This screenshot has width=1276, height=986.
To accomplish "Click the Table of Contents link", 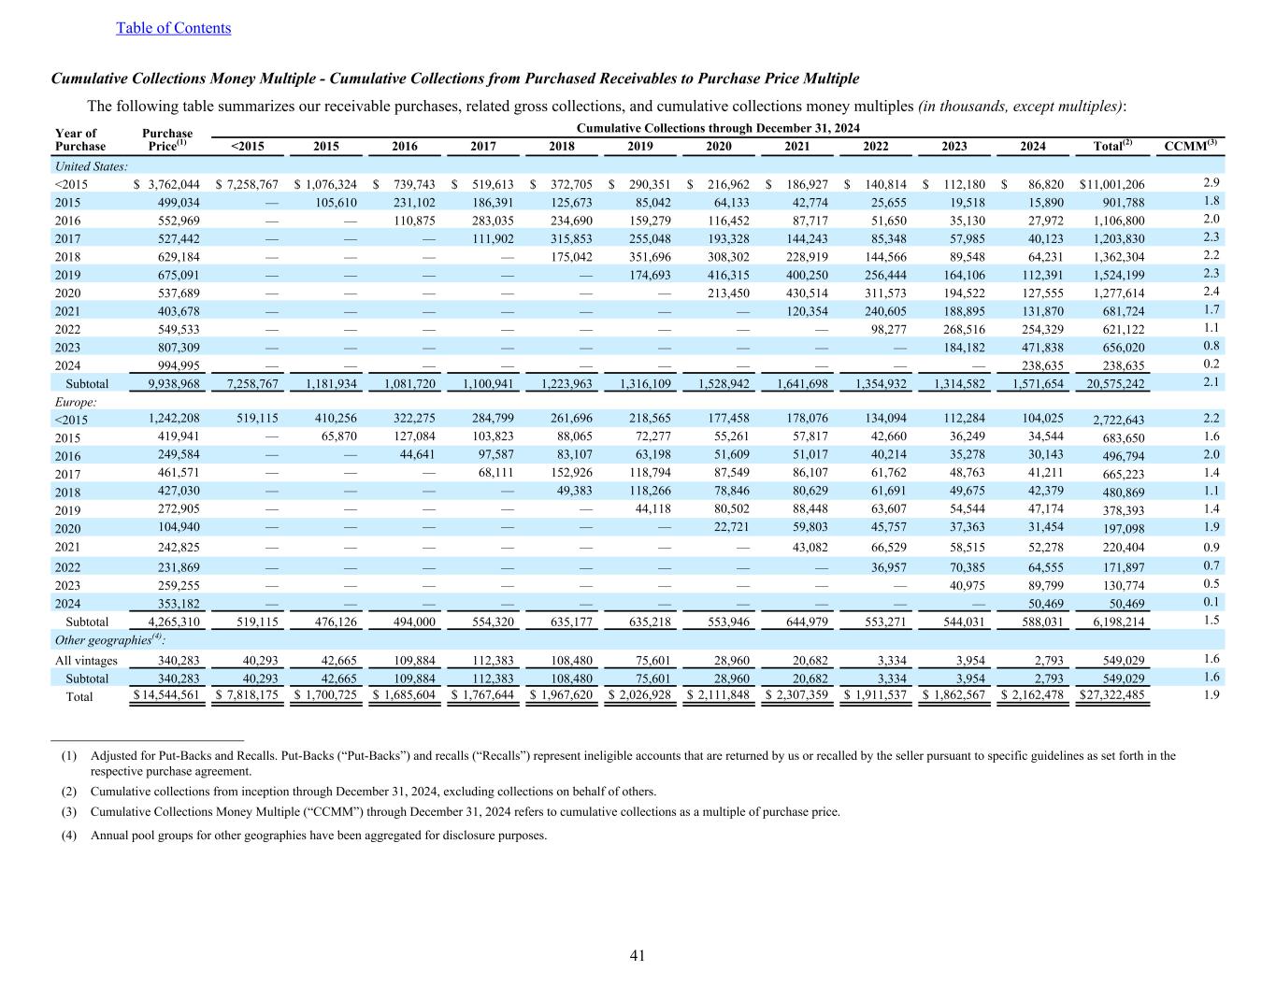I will (x=173, y=28).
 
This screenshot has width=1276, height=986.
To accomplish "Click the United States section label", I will (x=91, y=165).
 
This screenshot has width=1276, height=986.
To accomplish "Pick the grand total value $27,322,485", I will (x=1111, y=695).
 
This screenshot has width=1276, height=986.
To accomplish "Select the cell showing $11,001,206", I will (x=1111, y=184).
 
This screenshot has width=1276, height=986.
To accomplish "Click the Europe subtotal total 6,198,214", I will (x=1118, y=622).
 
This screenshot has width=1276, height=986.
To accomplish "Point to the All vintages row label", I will (x=87, y=660).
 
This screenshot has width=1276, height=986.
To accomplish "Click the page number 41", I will (x=638, y=955).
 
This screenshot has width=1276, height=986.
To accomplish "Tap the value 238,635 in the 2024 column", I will (x=1039, y=365).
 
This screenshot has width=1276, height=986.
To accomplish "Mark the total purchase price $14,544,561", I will (x=166, y=695).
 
